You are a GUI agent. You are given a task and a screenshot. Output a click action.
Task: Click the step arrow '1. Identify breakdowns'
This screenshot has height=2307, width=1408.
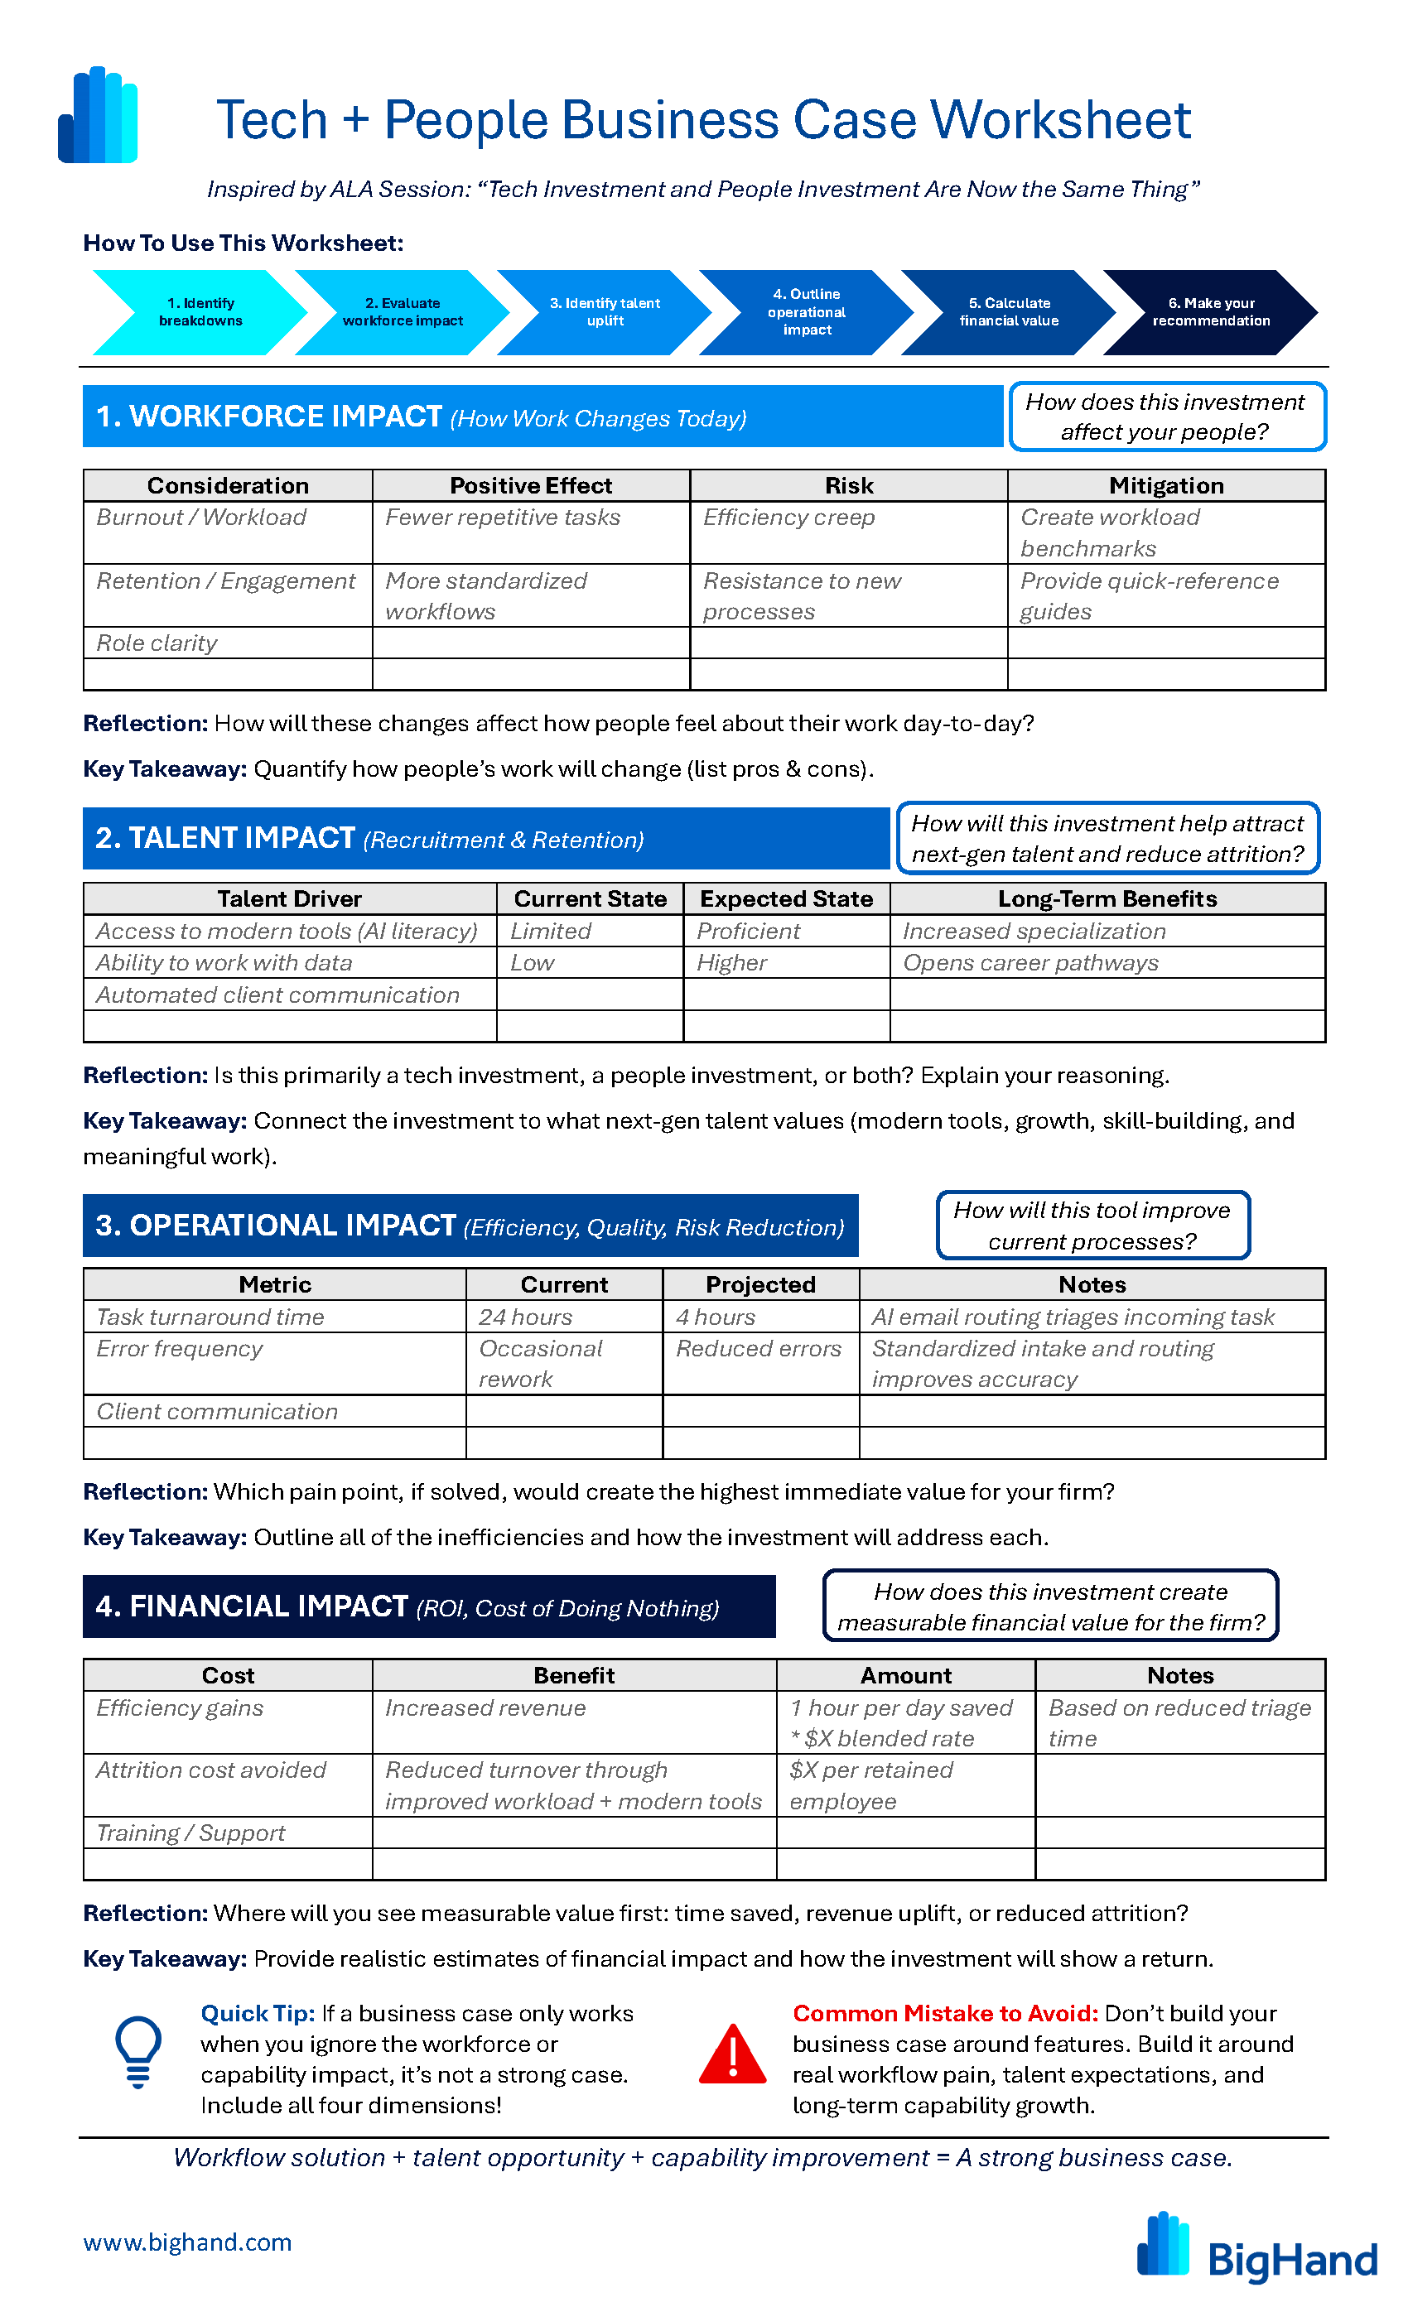coord(200,312)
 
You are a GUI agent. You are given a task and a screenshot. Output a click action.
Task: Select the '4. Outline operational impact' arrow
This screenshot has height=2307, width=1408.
coord(806,312)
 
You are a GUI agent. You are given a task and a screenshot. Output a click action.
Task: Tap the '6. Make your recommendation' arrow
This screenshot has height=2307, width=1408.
coord(1211,312)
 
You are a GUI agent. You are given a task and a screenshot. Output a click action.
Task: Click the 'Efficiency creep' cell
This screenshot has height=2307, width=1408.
coord(789,518)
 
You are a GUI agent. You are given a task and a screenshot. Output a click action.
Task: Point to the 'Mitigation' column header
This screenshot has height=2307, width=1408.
coord(1165,485)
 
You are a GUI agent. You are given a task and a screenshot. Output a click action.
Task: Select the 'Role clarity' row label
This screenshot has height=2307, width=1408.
coord(157,643)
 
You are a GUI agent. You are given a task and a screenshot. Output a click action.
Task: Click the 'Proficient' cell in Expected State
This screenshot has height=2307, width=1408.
coord(748,931)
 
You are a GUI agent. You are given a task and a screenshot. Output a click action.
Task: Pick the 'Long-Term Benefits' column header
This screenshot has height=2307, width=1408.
coord(1107,898)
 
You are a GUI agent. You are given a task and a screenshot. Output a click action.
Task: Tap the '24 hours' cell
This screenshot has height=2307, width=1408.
coord(525,1317)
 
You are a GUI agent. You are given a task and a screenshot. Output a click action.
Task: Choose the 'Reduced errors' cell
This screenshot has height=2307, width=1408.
coord(759,1348)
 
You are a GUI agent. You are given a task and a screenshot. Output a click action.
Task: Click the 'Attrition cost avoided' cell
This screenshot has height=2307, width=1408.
coord(211,1770)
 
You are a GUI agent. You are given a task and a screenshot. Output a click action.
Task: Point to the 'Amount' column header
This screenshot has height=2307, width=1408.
coord(905,1675)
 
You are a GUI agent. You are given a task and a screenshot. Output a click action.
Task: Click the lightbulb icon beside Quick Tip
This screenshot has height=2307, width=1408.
coord(138,2051)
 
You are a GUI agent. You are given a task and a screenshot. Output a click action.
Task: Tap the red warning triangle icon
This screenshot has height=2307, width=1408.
coord(732,2054)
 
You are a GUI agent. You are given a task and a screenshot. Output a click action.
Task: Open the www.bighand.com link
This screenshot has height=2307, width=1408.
coord(187,2242)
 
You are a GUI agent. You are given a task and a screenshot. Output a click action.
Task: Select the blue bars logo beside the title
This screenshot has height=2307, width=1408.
coord(99,115)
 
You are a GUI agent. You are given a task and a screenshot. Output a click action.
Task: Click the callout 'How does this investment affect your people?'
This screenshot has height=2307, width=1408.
coord(1166,417)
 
